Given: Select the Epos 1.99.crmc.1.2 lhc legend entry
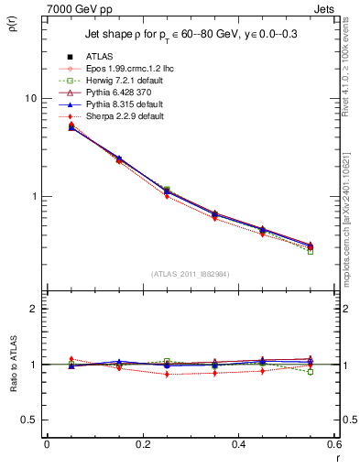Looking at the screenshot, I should coord(124,69).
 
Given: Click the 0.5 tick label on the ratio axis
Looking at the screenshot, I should coord(28,420).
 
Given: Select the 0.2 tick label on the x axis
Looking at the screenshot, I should coord(142,443).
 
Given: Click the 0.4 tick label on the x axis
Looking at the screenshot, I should coord(238,443).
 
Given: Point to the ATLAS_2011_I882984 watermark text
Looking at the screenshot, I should coord(191,272).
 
